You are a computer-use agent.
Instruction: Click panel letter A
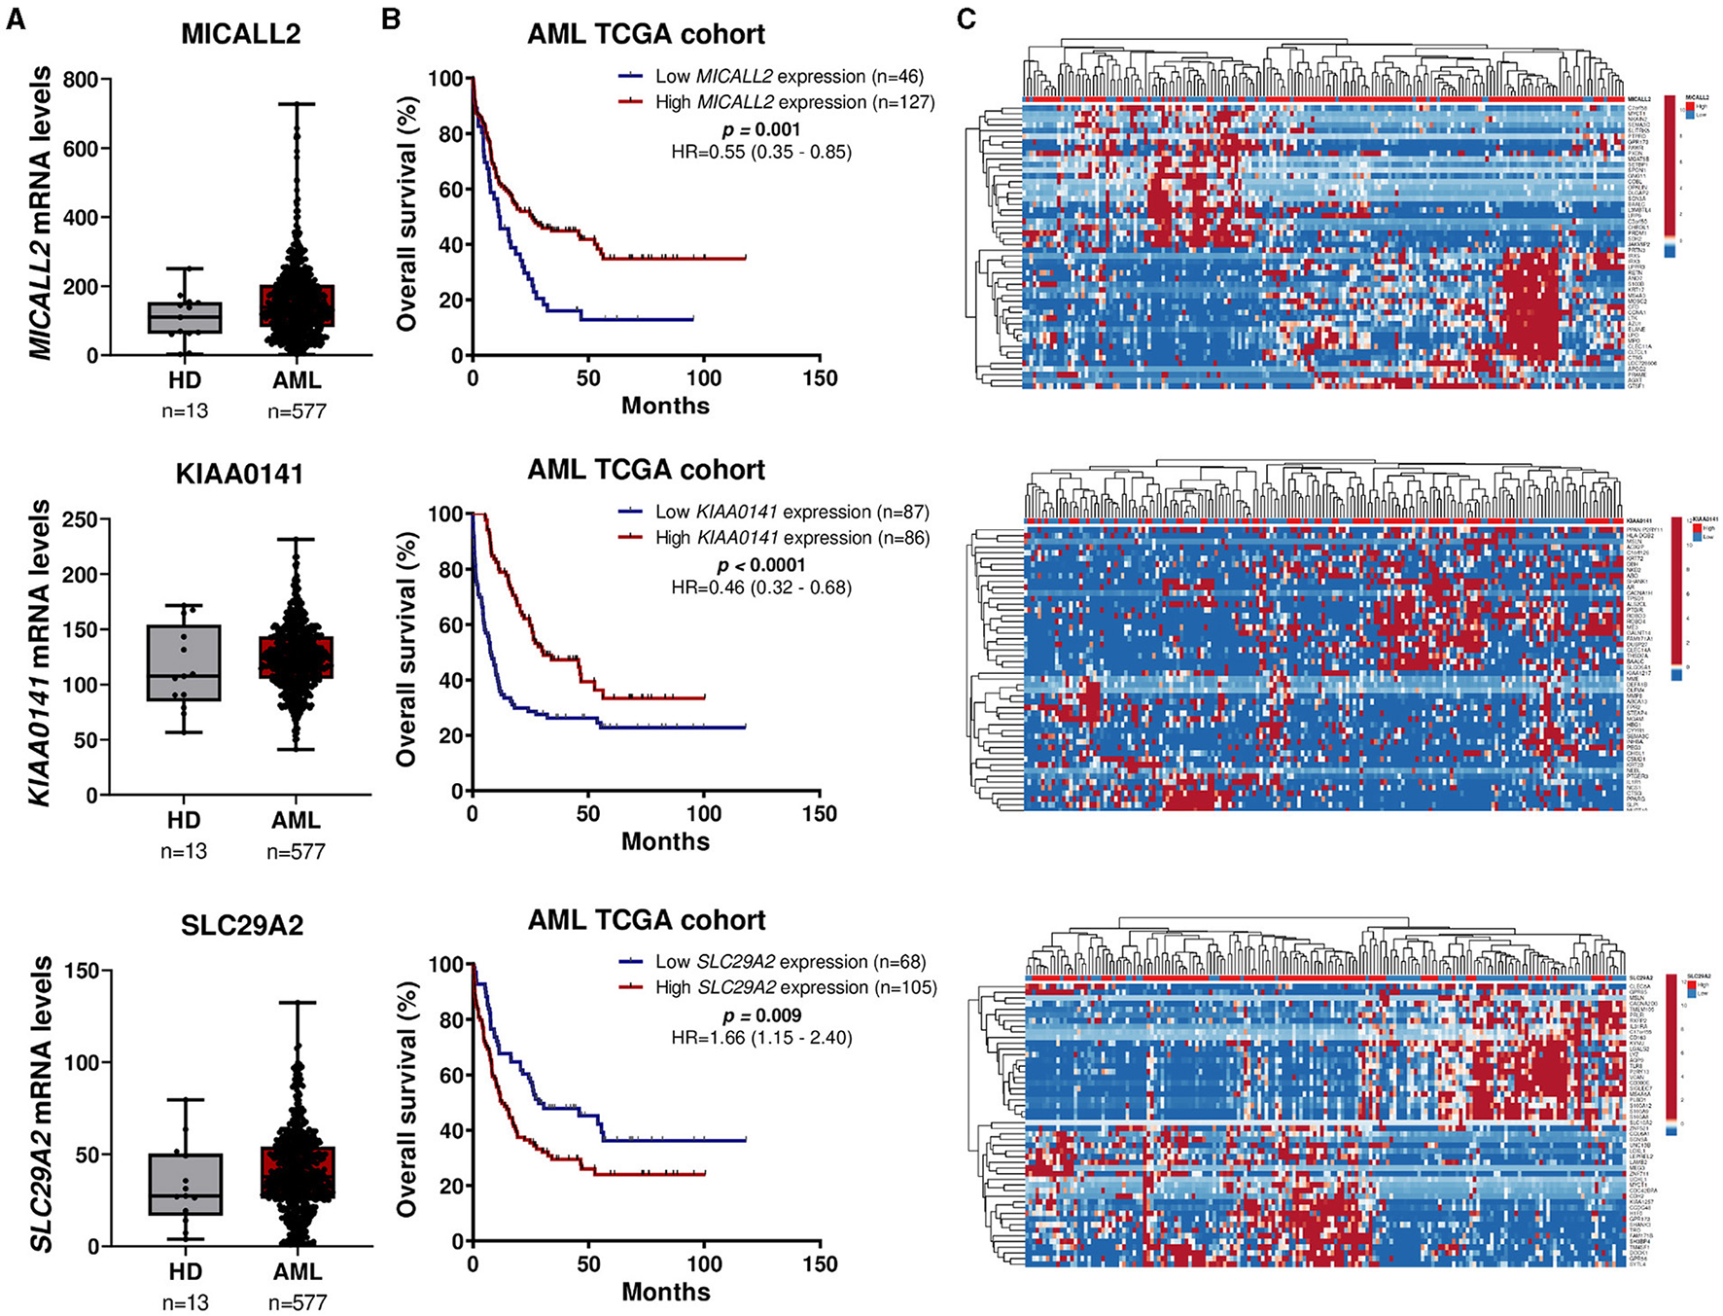[15, 19]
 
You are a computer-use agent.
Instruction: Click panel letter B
[391, 19]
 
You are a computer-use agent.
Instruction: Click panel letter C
[966, 19]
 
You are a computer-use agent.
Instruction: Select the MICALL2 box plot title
[240, 34]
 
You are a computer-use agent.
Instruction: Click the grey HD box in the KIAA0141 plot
[184, 662]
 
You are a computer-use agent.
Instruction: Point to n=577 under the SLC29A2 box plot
[296, 1301]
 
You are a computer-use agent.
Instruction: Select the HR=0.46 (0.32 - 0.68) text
[761, 587]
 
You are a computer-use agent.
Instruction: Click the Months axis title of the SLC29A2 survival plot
[665, 1292]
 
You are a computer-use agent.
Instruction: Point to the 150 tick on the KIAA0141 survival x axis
[820, 814]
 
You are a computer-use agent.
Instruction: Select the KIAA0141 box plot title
[239, 474]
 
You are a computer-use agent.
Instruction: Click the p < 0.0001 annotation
[761, 565]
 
